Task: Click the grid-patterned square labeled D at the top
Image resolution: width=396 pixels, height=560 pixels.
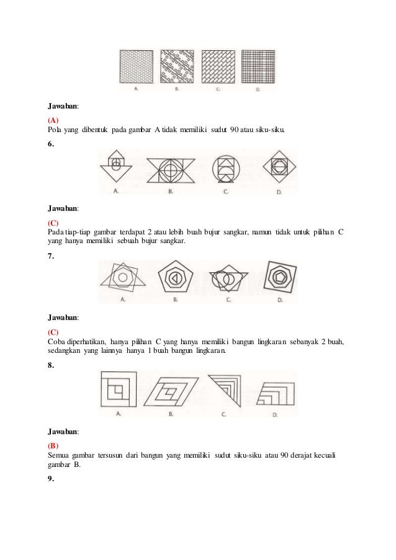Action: coord(258,67)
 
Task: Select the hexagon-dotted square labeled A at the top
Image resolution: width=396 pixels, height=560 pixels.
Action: coord(136,67)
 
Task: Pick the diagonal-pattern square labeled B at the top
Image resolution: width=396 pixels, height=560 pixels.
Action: coord(177,67)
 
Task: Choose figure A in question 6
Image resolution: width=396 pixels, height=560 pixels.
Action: coord(116,167)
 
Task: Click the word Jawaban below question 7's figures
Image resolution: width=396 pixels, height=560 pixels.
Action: coord(63,317)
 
